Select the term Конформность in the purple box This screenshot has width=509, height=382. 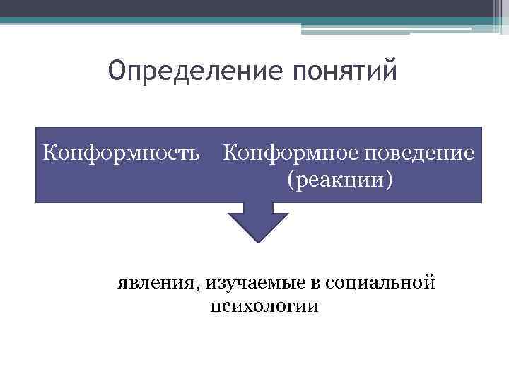(122, 152)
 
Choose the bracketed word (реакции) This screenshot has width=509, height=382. (339, 179)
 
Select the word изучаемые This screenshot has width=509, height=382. (244, 284)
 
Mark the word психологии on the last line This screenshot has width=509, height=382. (264, 307)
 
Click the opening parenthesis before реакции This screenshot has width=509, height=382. (290, 180)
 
